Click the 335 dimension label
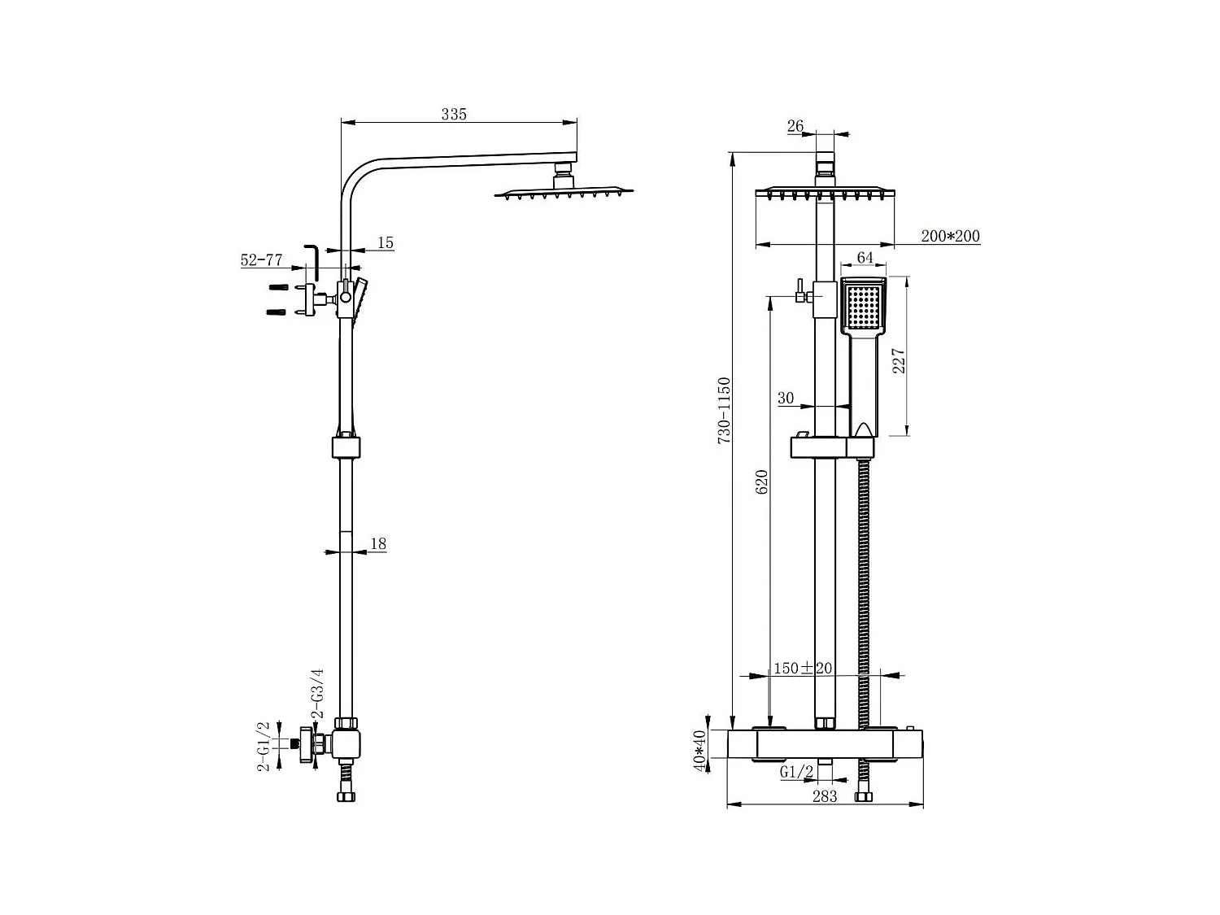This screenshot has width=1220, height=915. pos(454,114)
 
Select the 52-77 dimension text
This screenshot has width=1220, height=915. pos(261,260)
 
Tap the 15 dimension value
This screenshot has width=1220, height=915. pos(386,242)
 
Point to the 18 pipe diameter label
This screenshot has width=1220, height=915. pos(378,544)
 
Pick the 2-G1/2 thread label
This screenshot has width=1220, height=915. pos(264,746)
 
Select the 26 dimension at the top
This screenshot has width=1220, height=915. pos(795,126)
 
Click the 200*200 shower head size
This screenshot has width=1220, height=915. pos(951,237)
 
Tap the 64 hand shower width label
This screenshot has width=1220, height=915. pos(865,258)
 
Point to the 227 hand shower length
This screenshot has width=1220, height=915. pos(899,360)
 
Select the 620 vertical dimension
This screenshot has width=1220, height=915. pos(761,482)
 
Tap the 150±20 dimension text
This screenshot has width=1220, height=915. pos(803,668)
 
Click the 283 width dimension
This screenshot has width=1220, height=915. pos(824,796)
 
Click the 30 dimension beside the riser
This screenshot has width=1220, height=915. pos(786,398)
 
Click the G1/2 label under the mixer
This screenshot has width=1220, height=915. pos(796,772)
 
